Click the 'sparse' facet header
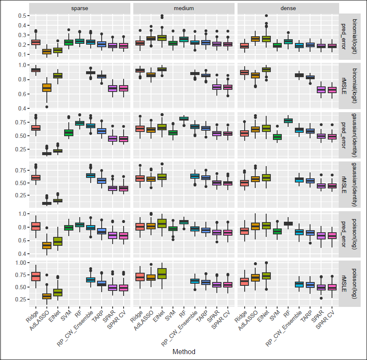80,8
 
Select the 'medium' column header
184,8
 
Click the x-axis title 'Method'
184,351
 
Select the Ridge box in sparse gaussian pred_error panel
36,128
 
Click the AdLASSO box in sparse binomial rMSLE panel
46,88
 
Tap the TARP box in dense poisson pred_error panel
310,233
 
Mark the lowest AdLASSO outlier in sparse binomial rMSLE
46,107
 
